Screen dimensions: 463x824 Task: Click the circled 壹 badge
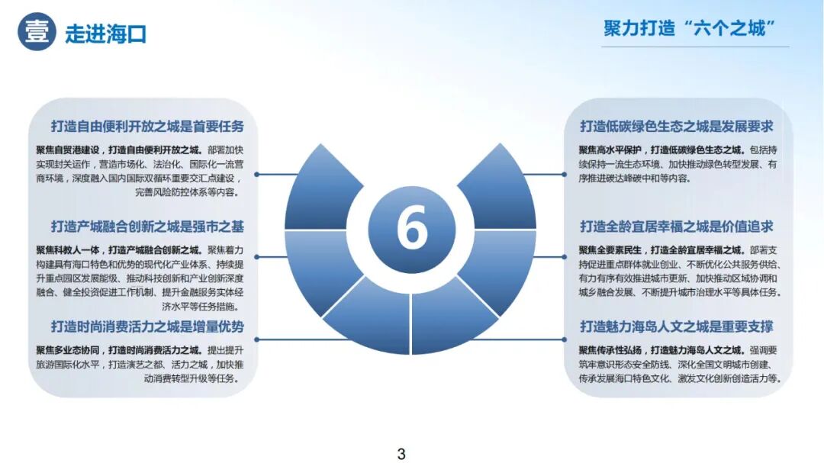tap(37, 32)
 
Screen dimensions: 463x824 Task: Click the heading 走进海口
tap(105, 34)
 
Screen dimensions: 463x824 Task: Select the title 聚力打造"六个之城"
tap(690, 29)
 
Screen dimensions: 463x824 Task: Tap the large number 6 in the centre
tap(412, 227)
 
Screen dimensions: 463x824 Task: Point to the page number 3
tap(401, 454)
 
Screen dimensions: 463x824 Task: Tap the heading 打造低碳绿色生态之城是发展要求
tap(676, 127)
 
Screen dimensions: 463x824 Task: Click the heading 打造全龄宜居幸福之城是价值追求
tap(676, 227)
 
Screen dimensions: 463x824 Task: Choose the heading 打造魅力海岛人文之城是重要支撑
tap(676, 327)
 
